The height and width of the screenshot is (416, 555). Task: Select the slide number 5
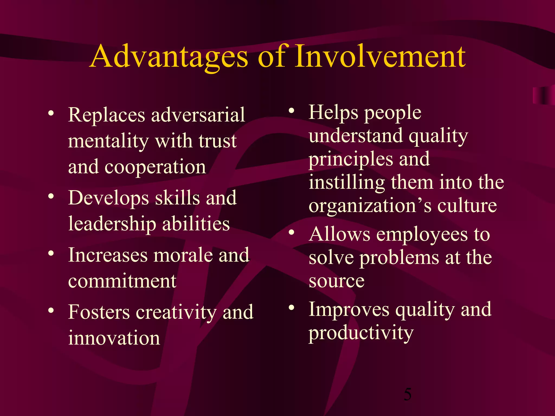[408, 394]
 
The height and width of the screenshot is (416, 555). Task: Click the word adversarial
[198, 115]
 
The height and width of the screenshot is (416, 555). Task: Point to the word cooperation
[155, 167]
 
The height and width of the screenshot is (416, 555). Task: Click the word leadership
[112, 224]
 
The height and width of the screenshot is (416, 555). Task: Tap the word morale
[183, 255]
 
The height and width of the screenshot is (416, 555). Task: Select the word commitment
[122, 281]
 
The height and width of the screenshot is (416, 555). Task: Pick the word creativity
[176, 312]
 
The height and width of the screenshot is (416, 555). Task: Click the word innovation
[114, 338]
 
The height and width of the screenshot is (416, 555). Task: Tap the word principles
[351, 159]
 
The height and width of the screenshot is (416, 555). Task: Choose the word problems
[399, 258]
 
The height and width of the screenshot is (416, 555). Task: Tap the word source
[336, 281]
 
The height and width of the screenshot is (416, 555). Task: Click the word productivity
[361, 333]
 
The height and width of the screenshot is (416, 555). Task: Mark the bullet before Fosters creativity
[51, 310]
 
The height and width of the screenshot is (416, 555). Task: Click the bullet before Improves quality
[291, 307]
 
